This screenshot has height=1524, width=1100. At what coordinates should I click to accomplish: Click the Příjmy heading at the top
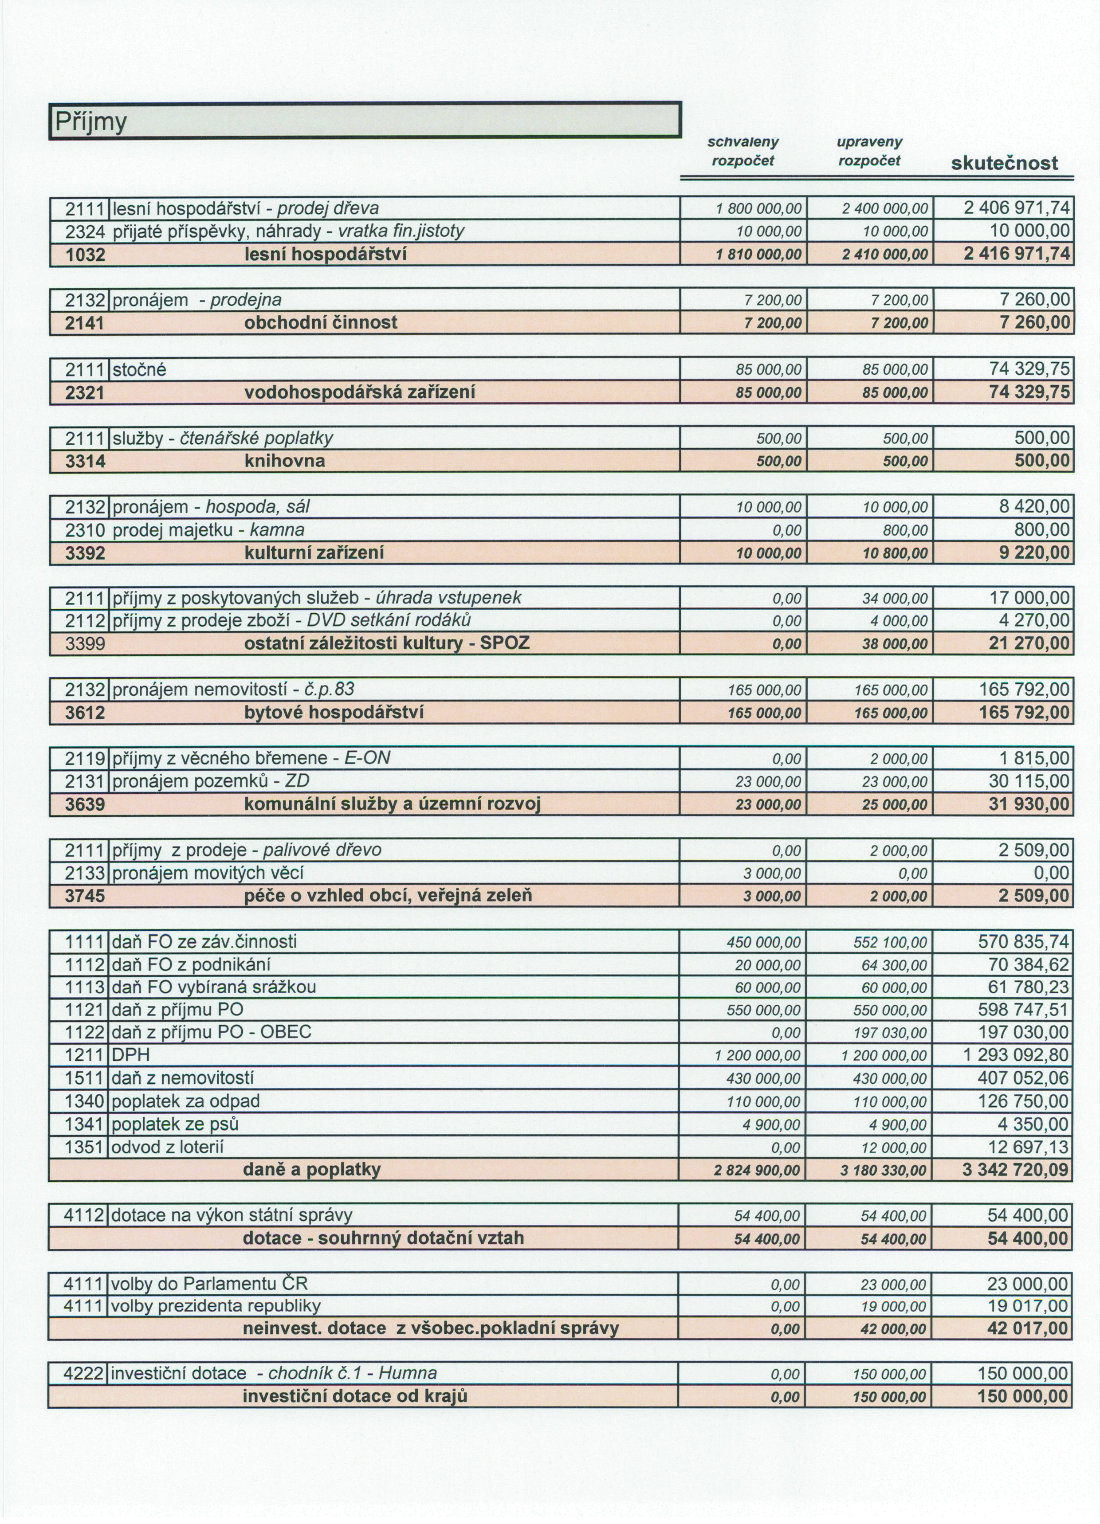click(x=91, y=121)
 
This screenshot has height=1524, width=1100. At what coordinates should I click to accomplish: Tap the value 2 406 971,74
click(x=1016, y=208)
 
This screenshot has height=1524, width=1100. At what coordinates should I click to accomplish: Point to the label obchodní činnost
click(x=320, y=322)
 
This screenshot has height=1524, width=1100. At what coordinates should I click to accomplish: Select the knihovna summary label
click(x=284, y=461)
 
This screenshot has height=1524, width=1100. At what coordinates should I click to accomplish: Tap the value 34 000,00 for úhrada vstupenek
click(x=894, y=598)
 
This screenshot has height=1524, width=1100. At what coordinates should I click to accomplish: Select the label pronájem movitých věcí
click(x=208, y=873)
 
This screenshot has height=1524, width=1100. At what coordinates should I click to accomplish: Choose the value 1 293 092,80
click(x=1016, y=1055)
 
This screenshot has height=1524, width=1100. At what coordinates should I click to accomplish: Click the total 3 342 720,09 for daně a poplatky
click(x=1014, y=1170)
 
